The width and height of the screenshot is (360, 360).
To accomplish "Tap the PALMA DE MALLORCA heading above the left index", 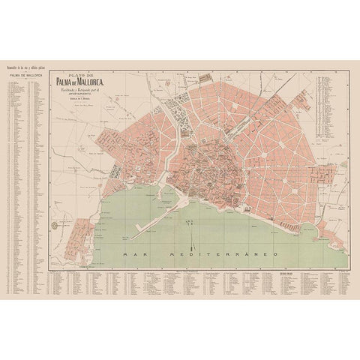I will click(25, 76).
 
